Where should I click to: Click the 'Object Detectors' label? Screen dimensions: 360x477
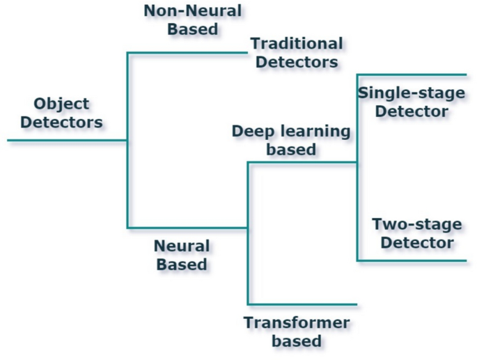click(61, 114)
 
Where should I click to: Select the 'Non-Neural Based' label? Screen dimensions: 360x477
click(192, 19)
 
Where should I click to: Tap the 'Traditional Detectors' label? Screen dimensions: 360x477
click(297, 53)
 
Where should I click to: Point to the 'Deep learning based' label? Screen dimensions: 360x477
click(291, 140)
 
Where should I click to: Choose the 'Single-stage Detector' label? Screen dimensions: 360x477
click(402, 102)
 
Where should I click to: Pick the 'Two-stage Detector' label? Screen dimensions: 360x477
click(416, 234)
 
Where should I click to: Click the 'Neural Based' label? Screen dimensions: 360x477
click(181, 255)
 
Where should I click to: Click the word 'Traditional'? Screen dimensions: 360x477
click(297, 44)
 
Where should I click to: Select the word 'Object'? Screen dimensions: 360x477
click(61, 104)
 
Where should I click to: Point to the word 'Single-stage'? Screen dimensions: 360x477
click(402, 93)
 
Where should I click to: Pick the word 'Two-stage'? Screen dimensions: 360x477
click(416, 225)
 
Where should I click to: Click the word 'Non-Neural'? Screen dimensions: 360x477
click(192, 10)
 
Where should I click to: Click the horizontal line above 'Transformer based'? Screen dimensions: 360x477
click(302, 304)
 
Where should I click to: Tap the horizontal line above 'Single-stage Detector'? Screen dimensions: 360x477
click(411, 75)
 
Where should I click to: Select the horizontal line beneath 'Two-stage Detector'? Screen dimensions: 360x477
click(411, 260)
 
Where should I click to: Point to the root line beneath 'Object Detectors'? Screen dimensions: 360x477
click(67, 140)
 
